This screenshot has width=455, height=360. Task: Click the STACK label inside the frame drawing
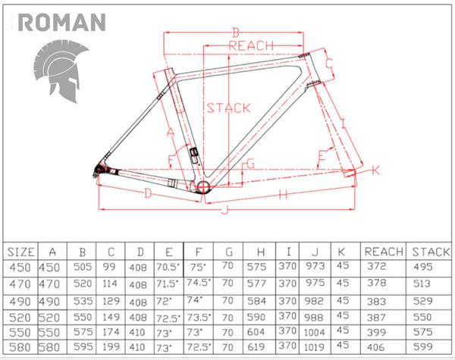click(x=227, y=108)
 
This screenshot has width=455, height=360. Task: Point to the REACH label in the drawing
click(x=251, y=46)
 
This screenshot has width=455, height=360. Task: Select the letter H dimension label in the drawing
click(x=283, y=195)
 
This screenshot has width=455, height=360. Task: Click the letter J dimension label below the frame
click(x=224, y=210)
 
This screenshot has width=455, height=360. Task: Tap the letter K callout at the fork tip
click(x=375, y=170)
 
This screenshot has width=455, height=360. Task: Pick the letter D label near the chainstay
click(x=149, y=194)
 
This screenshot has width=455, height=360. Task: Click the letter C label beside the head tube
click(x=330, y=63)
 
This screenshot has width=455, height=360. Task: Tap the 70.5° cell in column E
click(x=168, y=267)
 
